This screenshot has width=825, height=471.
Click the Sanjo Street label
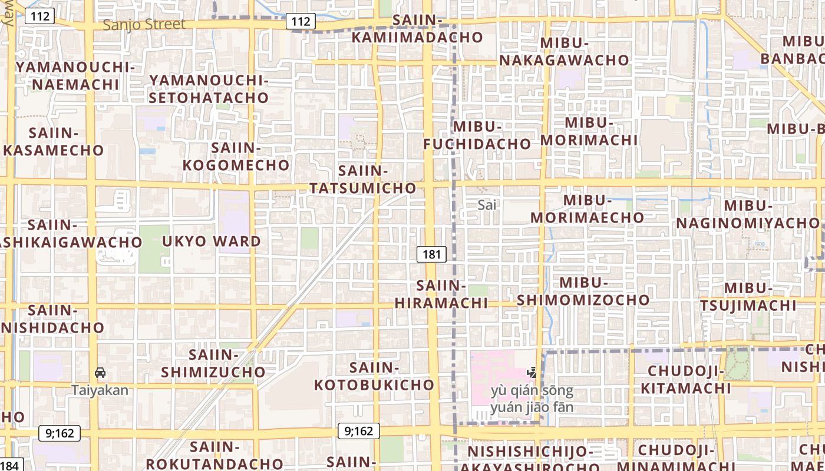click(144, 25)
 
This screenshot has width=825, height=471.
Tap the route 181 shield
click(431, 254)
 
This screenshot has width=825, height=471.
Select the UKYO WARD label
click(211, 241)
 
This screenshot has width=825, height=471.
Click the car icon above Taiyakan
click(100, 373)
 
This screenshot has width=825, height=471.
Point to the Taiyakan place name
click(100, 390)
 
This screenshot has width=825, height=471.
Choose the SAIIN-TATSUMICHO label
click(363, 180)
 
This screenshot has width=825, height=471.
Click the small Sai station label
click(487, 205)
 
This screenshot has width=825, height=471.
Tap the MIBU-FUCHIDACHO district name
click(477, 135)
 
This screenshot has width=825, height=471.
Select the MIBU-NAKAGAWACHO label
click(565, 52)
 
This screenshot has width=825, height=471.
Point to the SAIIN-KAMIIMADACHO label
click(417, 29)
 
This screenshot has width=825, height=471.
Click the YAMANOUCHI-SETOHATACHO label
click(209, 89)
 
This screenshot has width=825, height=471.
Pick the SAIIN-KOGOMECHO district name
click(236, 157)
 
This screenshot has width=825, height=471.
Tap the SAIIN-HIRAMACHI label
click(441, 294)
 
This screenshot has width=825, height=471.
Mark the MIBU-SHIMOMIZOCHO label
click(583, 291)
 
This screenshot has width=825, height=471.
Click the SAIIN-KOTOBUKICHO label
click(374, 377)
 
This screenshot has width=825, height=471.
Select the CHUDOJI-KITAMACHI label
click(686, 380)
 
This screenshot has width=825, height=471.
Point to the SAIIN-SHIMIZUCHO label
click(213, 364)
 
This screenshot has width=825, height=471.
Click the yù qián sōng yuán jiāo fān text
click(532, 399)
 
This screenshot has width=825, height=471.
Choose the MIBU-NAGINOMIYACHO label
click(748, 214)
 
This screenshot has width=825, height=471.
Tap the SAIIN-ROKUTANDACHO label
click(214, 456)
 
